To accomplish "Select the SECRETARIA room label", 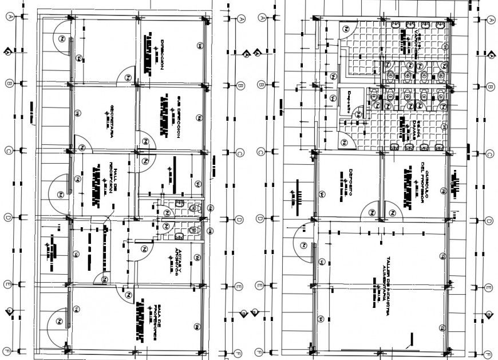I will [x=113, y=117].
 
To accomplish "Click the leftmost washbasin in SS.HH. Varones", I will [x=395, y=25].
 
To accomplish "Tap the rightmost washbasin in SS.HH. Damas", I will [x=441, y=147].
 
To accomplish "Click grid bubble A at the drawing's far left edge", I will [x=9, y=17].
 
